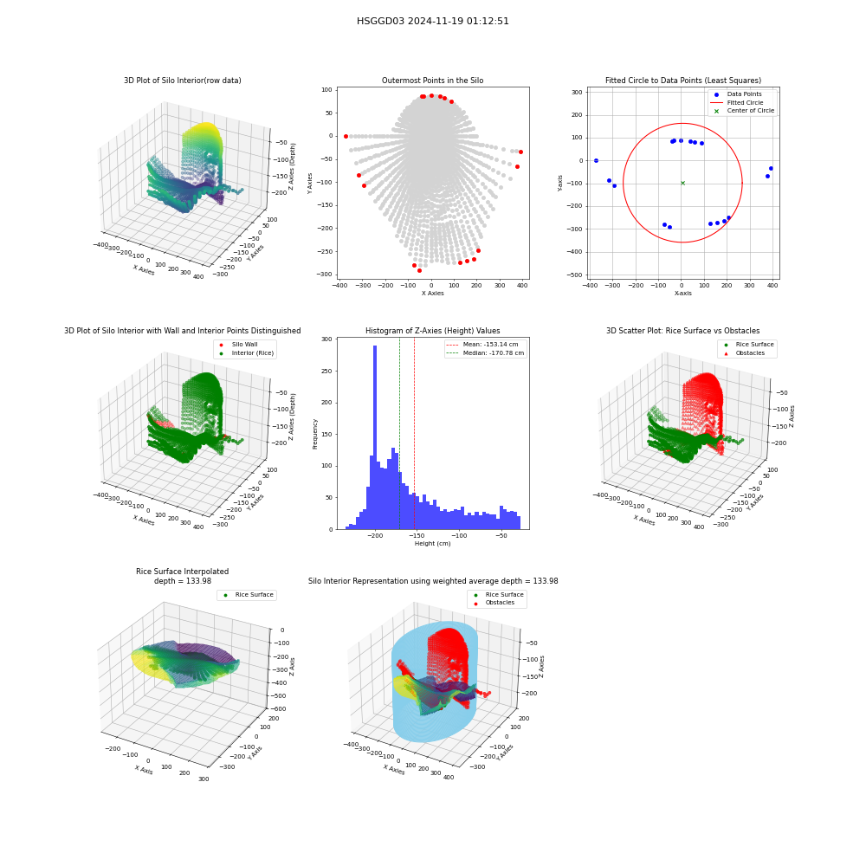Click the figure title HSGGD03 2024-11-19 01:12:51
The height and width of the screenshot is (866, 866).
coord(432,21)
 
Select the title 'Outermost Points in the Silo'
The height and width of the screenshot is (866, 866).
coord(432,81)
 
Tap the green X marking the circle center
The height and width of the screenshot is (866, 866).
coord(682,183)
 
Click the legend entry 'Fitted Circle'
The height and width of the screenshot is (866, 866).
coord(745,103)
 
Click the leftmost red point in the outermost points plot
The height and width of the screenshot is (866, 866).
coord(346,137)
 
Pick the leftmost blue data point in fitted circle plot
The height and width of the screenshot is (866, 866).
coord(596,161)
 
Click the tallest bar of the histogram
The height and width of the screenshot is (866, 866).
coord(375,437)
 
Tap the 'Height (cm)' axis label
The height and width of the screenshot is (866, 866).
coord(432,544)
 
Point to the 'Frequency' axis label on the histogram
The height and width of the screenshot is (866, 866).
coord(315,434)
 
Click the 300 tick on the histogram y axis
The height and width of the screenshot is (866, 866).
coord(327,339)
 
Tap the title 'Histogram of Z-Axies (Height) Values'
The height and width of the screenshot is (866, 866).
coord(432,331)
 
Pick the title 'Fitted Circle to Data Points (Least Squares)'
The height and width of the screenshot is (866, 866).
coord(682,81)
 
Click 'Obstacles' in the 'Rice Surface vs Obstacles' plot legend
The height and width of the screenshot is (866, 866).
coord(750,353)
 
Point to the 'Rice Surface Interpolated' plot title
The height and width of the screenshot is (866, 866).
coord(182,572)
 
